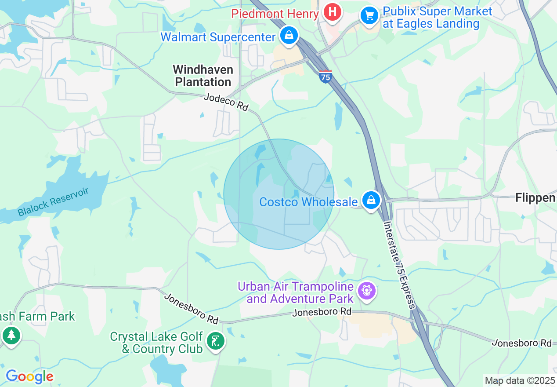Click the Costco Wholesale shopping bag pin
(371, 201)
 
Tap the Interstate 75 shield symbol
(325, 76)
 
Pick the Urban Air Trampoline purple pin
(366, 291)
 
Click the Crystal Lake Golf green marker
(215, 341)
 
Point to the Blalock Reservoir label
(53, 202)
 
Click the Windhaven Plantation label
(203, 76)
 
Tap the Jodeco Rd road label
(226, 102)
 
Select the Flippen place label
(535, 198)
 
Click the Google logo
(29, 376)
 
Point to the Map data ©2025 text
(520, 380)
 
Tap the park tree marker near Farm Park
(11, 336)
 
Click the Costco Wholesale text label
(308, 202)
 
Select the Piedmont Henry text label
(275, 14)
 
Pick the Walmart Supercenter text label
(218, 37)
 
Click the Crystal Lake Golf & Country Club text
(156, 343)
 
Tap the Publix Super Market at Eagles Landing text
(437, 18)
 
